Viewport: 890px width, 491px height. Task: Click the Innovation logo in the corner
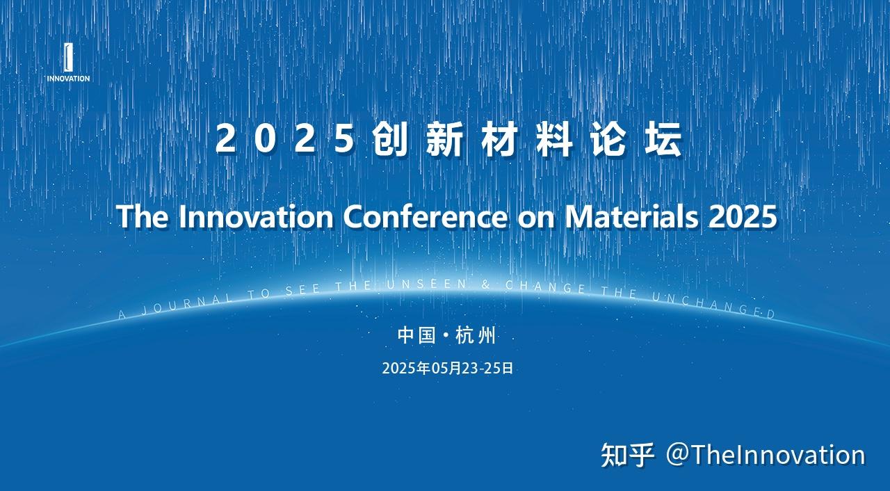click(x=67, y=63)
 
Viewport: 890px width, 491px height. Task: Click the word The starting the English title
click(x=143, y=217)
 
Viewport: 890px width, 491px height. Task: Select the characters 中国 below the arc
click(x=416, y=336)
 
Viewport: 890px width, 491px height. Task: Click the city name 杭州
click(x=476, y=336)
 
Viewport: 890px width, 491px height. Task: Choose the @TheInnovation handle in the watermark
click(x=766, y=455)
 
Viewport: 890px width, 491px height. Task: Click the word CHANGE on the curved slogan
click(x=545, y=287)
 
